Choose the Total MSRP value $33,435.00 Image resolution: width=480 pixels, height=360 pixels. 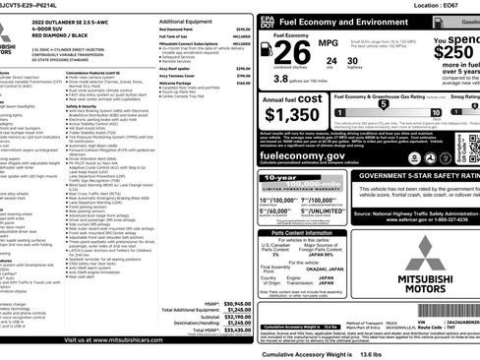[x=233, y=331]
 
